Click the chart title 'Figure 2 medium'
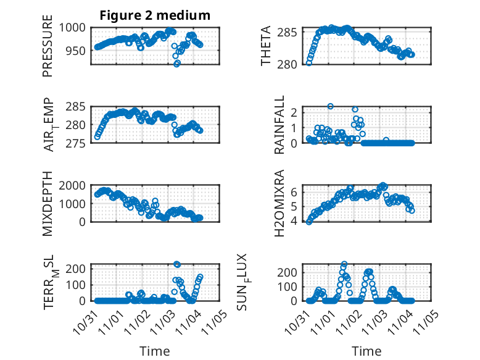(155, 15)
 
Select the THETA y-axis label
(266, 46)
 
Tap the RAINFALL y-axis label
(279, 124)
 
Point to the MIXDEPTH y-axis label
(48, 203)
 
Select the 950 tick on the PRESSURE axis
(79, 51)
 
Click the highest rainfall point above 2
(331, 106)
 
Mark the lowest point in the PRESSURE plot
(177, 64)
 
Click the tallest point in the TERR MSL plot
(177, 264)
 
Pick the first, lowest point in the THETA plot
(309, 63)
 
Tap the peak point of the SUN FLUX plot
(344, 264)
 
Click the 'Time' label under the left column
(155, 351)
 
